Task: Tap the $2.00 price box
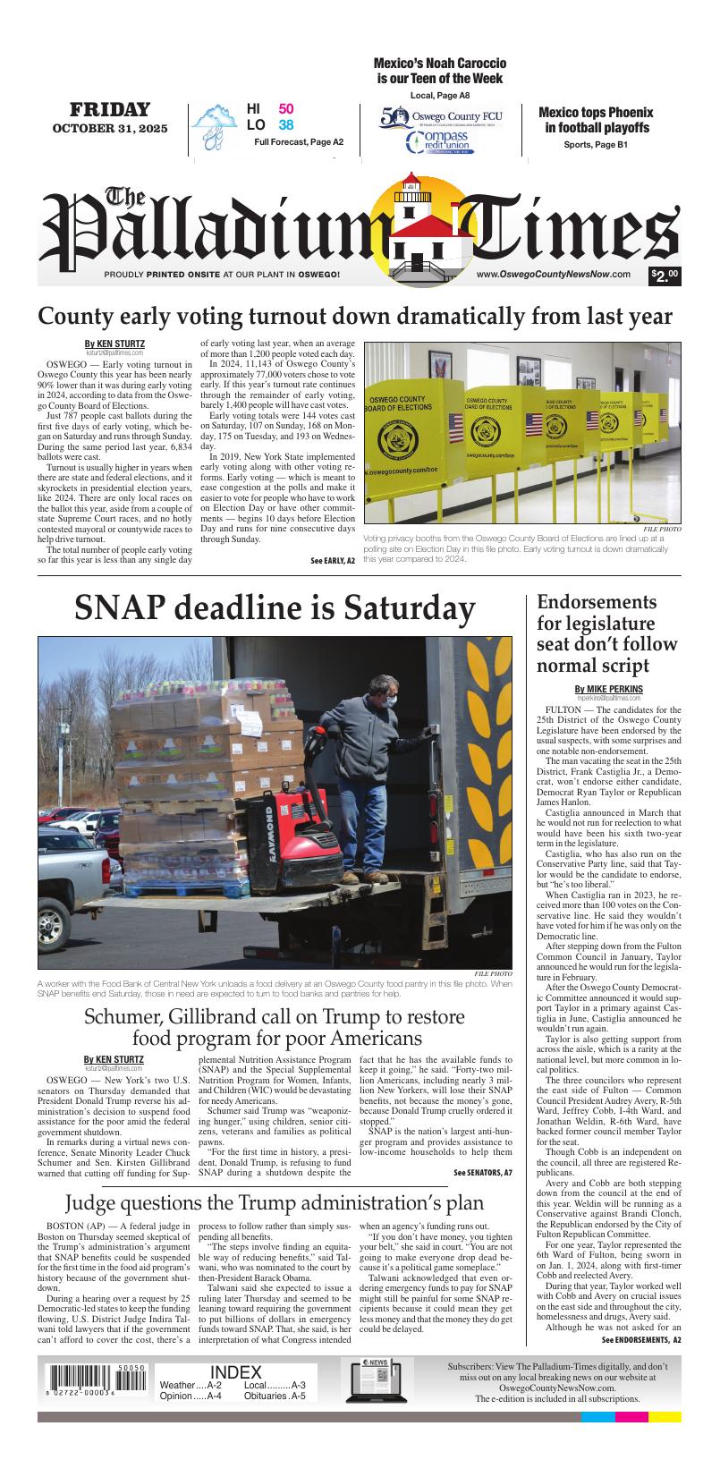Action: point(665,276)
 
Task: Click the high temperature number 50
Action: point(285,109)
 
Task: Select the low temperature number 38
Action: point(285,125)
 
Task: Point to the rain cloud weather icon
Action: point(214,125)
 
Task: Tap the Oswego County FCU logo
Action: point(441,116)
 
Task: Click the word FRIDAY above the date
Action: point(110,110)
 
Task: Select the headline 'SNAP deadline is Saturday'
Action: point(274,608)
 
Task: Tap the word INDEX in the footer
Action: point(236,1372)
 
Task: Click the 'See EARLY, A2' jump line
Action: point(332,560)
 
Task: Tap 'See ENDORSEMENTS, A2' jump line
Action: point(640,1339)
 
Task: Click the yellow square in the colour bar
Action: point(665,1416)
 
